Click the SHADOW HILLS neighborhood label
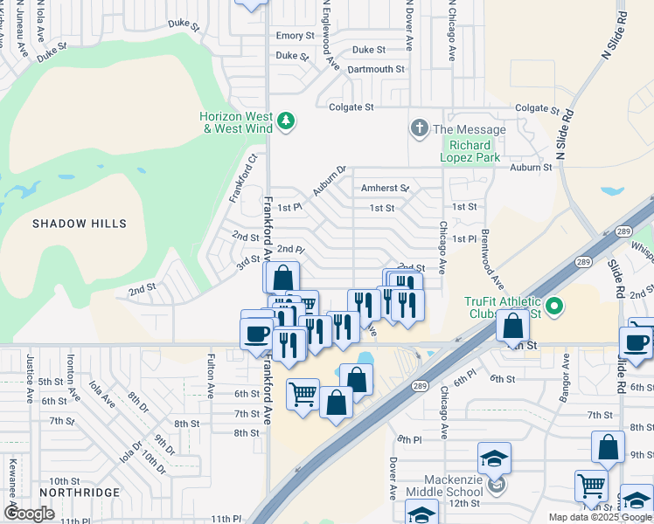click(x=80, y=224)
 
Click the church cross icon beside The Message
click(x=419, y=129)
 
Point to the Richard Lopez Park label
click(x=475, y=151)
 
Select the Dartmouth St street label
click(x=376, y=69)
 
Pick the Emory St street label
click(x=295, y=36)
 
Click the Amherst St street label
click(x=385, y=188)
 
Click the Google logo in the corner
click(x=30, y=514)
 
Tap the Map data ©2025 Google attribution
click(x=599, y=517)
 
